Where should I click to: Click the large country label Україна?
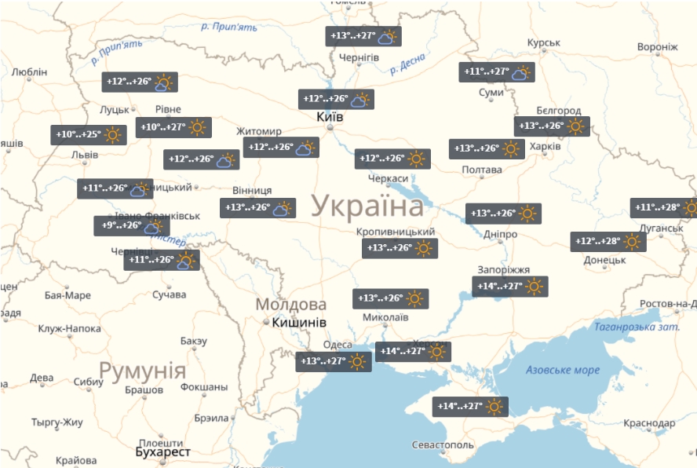pos(367,207)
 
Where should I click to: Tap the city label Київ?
pos(329,116)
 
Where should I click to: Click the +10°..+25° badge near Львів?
pos(89,135)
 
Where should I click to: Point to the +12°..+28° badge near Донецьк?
pos(608,242)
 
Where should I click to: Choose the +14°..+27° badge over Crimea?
pos(470,407)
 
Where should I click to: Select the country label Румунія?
pos(142,371)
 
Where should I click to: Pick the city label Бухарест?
pos(163,452)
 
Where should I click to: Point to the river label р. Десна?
pos(407,64)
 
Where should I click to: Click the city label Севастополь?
pos(443,445)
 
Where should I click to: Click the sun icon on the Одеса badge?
pos(358,362)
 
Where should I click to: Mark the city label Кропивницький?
pos(395,232)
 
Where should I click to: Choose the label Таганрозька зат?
pos(636,327)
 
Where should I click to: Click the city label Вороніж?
pos(657,47)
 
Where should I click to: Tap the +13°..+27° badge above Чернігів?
pos(363,36)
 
